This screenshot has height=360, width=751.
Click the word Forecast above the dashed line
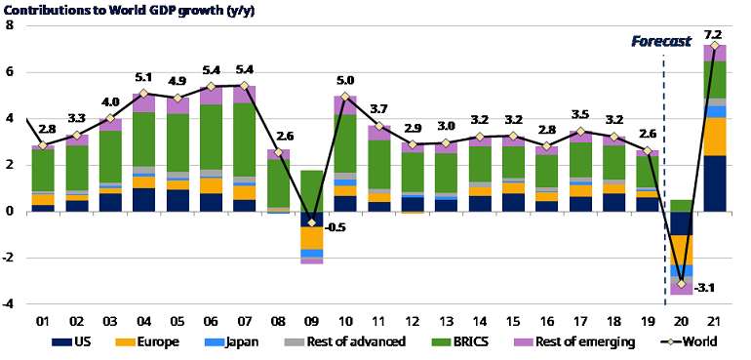pyautogui.click(x=660, y=41)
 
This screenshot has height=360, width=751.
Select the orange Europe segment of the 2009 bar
pyautogui.click(x=312, y=238)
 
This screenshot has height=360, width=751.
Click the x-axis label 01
pyautogui.click(x=43, y=320)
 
